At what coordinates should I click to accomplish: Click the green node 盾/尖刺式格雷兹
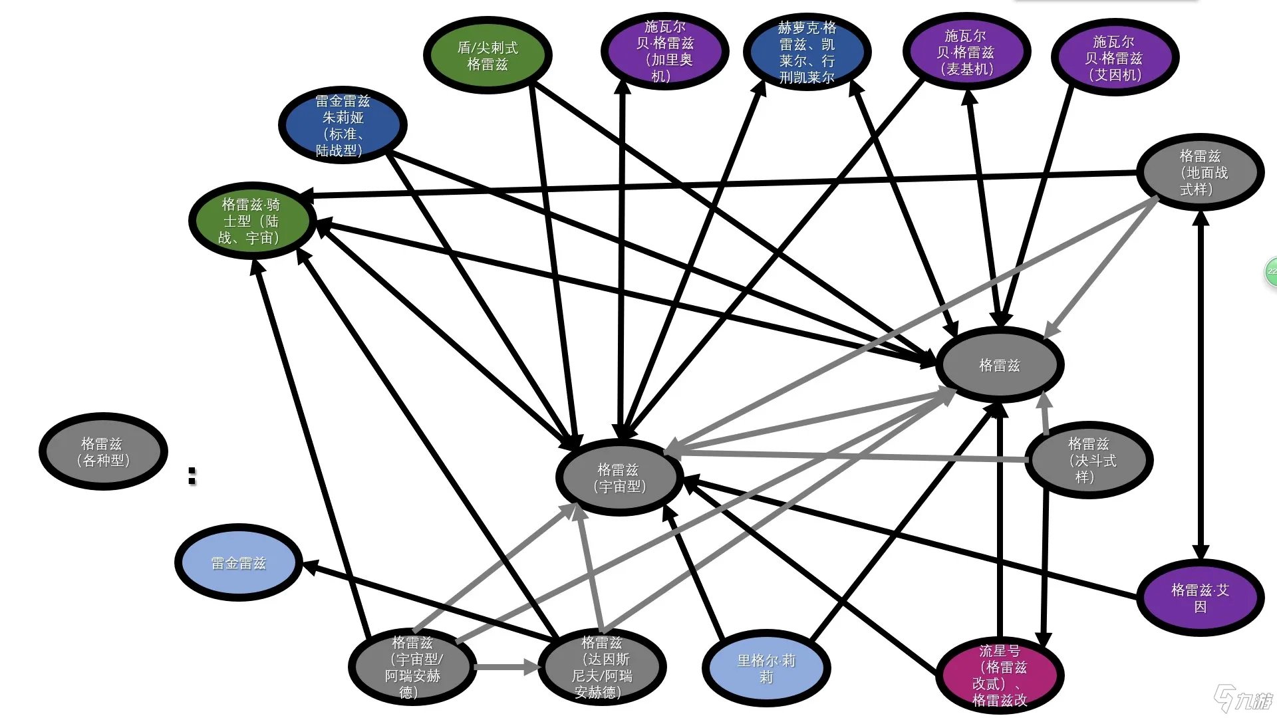(488, 55)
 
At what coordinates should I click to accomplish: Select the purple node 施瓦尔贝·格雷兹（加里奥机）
(664, 51)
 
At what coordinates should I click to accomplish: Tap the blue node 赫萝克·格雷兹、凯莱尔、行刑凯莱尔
(806, 52)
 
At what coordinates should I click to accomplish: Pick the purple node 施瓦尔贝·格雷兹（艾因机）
(1114, 58)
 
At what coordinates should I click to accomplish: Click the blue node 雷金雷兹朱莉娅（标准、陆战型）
(343, 125)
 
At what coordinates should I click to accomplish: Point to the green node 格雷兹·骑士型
(251, 221)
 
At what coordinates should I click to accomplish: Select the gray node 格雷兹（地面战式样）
(1200, 172)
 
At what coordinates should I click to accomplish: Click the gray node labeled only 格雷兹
(999, 365)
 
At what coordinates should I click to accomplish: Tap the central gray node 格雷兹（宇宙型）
(619, 477)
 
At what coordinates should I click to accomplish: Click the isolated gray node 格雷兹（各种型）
(103, 452)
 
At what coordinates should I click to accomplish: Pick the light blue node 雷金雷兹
(238, 563)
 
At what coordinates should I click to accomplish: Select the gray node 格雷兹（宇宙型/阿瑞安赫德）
(412, 667)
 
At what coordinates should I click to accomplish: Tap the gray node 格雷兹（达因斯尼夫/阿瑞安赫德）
(601, 667)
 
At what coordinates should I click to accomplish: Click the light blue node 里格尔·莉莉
(766, 667)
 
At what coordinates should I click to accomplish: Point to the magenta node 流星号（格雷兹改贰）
(999, 675)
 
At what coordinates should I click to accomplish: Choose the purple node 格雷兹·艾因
(1200, 598)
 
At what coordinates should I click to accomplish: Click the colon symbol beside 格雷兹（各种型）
(192, 475)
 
